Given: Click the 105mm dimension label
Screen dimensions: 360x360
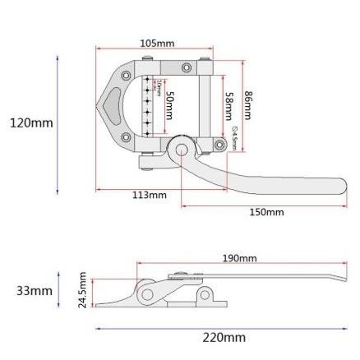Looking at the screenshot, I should tap(157, 44).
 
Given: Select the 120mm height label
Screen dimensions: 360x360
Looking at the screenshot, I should tap(31, 123).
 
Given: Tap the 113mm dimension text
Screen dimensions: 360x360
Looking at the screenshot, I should tap(149, 196).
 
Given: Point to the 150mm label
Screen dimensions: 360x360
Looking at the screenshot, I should tap(266, 212).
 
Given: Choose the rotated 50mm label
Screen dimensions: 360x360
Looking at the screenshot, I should tap(169, 106).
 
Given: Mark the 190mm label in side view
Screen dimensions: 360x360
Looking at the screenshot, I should tap(239, 259).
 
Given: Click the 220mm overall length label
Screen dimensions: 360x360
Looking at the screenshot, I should tap(224, 338).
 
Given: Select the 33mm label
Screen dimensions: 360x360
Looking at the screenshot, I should tap(34, 291).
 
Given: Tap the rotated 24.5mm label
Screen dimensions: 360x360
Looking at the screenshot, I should tap(83, 291).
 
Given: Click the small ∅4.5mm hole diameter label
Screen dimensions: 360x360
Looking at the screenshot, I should tap(235, 137).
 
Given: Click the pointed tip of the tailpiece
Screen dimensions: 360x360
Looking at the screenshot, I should tap(99, 105).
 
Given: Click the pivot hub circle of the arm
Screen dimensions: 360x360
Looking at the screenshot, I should tap(182, 149).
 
